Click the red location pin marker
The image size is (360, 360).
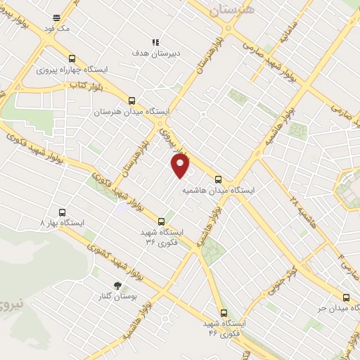181,166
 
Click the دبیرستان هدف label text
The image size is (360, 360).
155,53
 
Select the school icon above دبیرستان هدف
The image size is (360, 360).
155,41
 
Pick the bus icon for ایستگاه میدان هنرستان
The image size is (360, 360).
131,101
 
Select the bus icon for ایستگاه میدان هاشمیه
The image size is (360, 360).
218,179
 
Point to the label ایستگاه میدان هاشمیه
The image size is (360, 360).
219,191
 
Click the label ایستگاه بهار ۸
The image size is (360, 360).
62,222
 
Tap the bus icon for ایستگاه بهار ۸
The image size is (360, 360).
62,212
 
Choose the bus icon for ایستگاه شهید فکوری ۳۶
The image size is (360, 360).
162,221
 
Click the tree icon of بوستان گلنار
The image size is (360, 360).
117,286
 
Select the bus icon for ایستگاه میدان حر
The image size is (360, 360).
345,297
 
